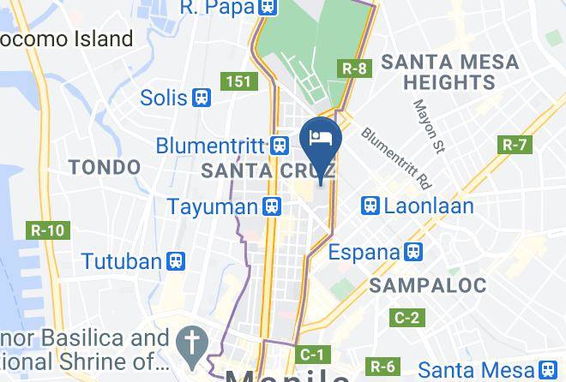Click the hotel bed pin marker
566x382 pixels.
322,140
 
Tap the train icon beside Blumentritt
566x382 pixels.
280,146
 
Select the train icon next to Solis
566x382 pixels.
202,98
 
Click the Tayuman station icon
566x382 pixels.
272,206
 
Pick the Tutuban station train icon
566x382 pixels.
176,260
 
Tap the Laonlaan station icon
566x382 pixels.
370,206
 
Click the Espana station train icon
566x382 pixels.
413,252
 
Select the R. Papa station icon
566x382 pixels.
268,8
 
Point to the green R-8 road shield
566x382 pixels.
354,68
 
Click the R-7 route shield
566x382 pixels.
515,144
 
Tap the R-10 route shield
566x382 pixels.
47,230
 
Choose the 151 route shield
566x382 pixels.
238,81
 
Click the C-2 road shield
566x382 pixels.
406,319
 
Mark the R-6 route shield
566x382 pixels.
382,367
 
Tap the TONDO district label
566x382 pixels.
105,166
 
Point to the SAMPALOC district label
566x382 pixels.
429,285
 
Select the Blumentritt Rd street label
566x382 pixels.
395,158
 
